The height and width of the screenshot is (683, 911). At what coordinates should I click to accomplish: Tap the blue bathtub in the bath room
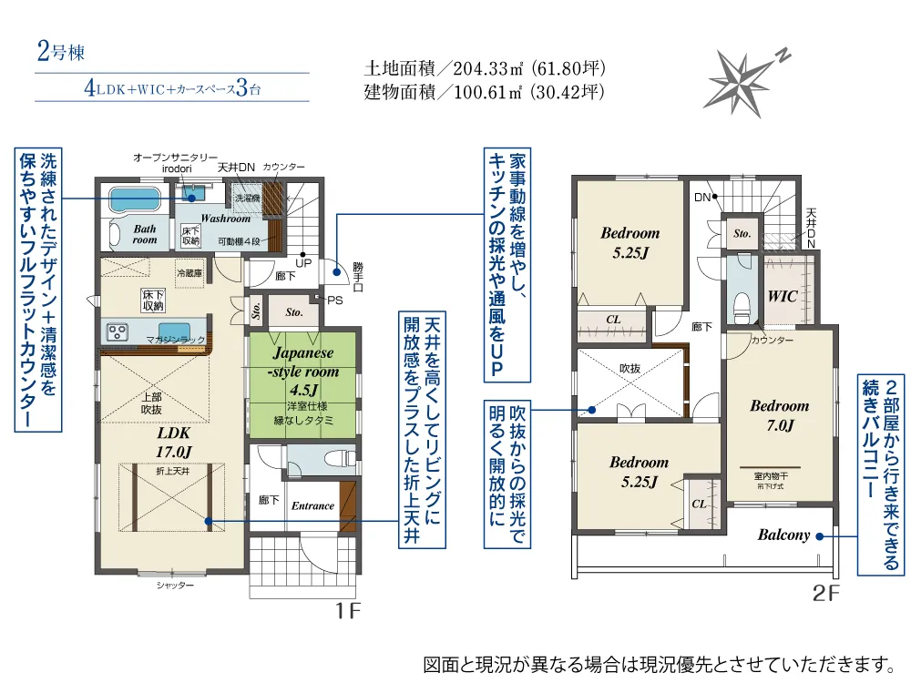pyautogui.click(x=134, y=199)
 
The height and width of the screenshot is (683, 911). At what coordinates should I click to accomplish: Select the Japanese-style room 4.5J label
pyautogui.click(x=303, y=372)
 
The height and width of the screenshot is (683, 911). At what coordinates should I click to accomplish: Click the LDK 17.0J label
pyautogui.click(x=174, y=442)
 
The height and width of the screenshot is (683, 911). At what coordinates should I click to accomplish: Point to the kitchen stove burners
pyautogui.click(x=118, y=332)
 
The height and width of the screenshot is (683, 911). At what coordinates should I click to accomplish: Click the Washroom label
pyautogui.click(x=225, y=219)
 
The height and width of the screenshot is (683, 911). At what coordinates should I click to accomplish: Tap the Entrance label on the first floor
pyautogui.click(x=312, y=505)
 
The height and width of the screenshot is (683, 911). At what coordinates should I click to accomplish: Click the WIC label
pyautogui.click(x=782, y=296)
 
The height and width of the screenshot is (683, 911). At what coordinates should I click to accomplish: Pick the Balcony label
pyautogui.click(x=783, y=535)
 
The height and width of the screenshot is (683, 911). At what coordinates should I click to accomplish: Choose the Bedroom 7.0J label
pyautogui.click(x=780, y=415)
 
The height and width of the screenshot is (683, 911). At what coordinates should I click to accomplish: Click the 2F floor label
pyautogui.click(x=825, y=593)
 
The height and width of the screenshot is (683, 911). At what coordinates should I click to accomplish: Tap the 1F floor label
pyautogui.click(x=348, y=610)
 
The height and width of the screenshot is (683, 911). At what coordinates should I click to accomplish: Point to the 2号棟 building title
pyautogui.click(x=61, y=52)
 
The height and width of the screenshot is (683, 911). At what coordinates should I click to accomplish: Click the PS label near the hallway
pyautogui.click(x=335, y=301)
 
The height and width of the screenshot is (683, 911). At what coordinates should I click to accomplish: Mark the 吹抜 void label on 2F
pyautogui.click(x=630, y=369)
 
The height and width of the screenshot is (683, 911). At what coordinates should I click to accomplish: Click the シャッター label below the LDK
pyautogui.click(x=175, y=586)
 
